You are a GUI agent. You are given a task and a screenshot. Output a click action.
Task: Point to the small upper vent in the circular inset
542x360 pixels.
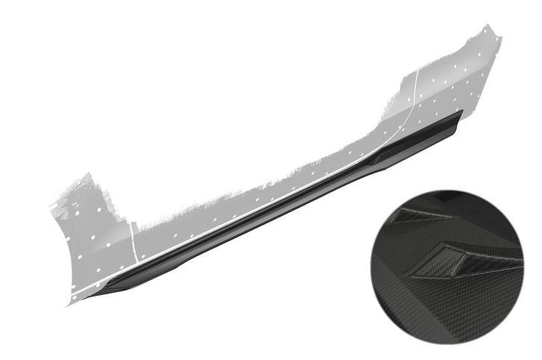[x=411, y=216]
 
